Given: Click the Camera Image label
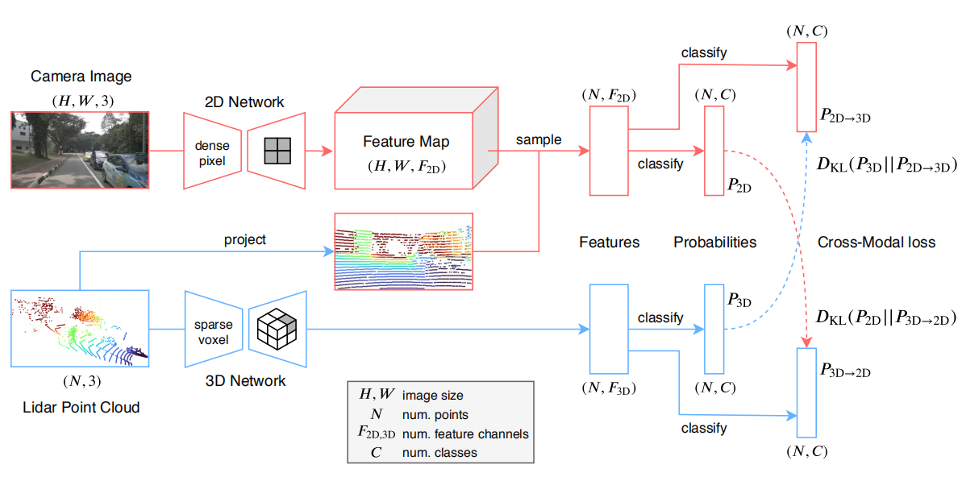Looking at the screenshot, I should coord(81,77).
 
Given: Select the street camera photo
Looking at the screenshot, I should coord(81,151).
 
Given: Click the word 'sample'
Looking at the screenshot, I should coord(539,139).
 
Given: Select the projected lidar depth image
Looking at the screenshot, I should coord(404,251).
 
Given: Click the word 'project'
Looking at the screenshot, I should coord(246,240).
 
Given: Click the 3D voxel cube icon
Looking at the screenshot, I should coord(276,330).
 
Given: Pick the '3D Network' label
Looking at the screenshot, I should coord(247,380).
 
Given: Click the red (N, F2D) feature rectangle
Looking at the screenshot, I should coord(609,151).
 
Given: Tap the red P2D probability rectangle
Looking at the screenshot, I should coord(714,151).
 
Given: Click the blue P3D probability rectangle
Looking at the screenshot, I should coord(714,328).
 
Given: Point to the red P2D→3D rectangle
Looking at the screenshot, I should coord(807,86).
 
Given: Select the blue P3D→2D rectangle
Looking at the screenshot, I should coord(807,393).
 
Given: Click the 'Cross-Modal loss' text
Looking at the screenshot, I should coord(876,242).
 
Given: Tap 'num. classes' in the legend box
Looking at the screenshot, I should coord(439,453).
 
